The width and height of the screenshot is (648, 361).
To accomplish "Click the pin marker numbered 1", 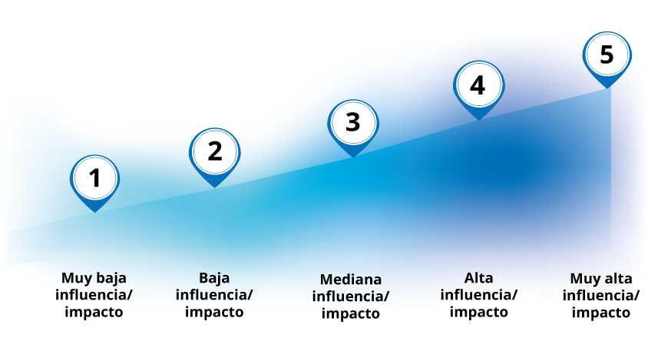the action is click(x=94, y=183).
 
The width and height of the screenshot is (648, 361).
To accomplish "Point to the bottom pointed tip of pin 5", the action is click(x=607, y=88).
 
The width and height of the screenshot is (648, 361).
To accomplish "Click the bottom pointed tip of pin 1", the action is click(x=94, y=213).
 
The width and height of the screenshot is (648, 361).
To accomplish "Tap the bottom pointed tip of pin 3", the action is click(x=353, y=157).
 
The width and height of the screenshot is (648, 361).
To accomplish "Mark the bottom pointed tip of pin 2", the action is click(x=214, y=187).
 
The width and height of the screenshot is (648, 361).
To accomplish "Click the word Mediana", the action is click(x=350, y=280).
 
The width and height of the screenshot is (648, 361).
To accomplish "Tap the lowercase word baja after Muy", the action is click(x=111, y=279).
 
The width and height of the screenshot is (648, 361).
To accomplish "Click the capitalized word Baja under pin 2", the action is click(x=214, y=278).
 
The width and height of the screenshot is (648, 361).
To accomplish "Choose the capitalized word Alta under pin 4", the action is click(x=478, y=278).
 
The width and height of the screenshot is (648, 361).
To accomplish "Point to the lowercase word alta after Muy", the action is click(x=617, y=279).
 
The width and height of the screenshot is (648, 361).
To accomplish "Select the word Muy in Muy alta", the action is click(x=584, y=279).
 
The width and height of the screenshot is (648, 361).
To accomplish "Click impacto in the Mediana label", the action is click(x=350, y=313).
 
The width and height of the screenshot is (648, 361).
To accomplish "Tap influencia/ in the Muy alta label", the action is click(x=601, y=295).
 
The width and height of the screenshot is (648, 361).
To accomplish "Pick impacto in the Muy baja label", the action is click(x=94, y=312).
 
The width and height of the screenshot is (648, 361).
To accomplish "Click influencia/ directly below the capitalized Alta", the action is click(x=478, y=295).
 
